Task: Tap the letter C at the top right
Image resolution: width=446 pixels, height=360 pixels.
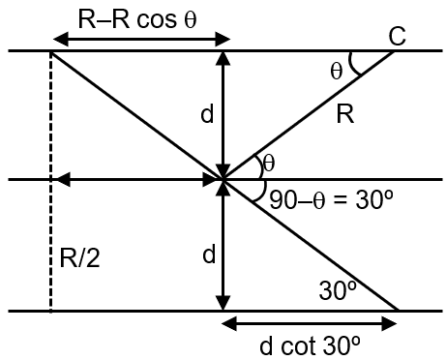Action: pyautogui.click(x=397, y=36)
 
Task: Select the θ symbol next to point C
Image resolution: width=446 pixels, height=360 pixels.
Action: pyautogui.click(x=336, y=70)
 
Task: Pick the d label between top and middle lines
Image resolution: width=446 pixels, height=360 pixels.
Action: pyautogui.click(x=206, y=115)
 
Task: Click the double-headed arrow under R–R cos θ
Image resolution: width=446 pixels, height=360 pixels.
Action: pyautogui.click(x=140, y=40)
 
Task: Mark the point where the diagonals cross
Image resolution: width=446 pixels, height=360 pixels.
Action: pyautogui.click(x=223, y=180)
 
